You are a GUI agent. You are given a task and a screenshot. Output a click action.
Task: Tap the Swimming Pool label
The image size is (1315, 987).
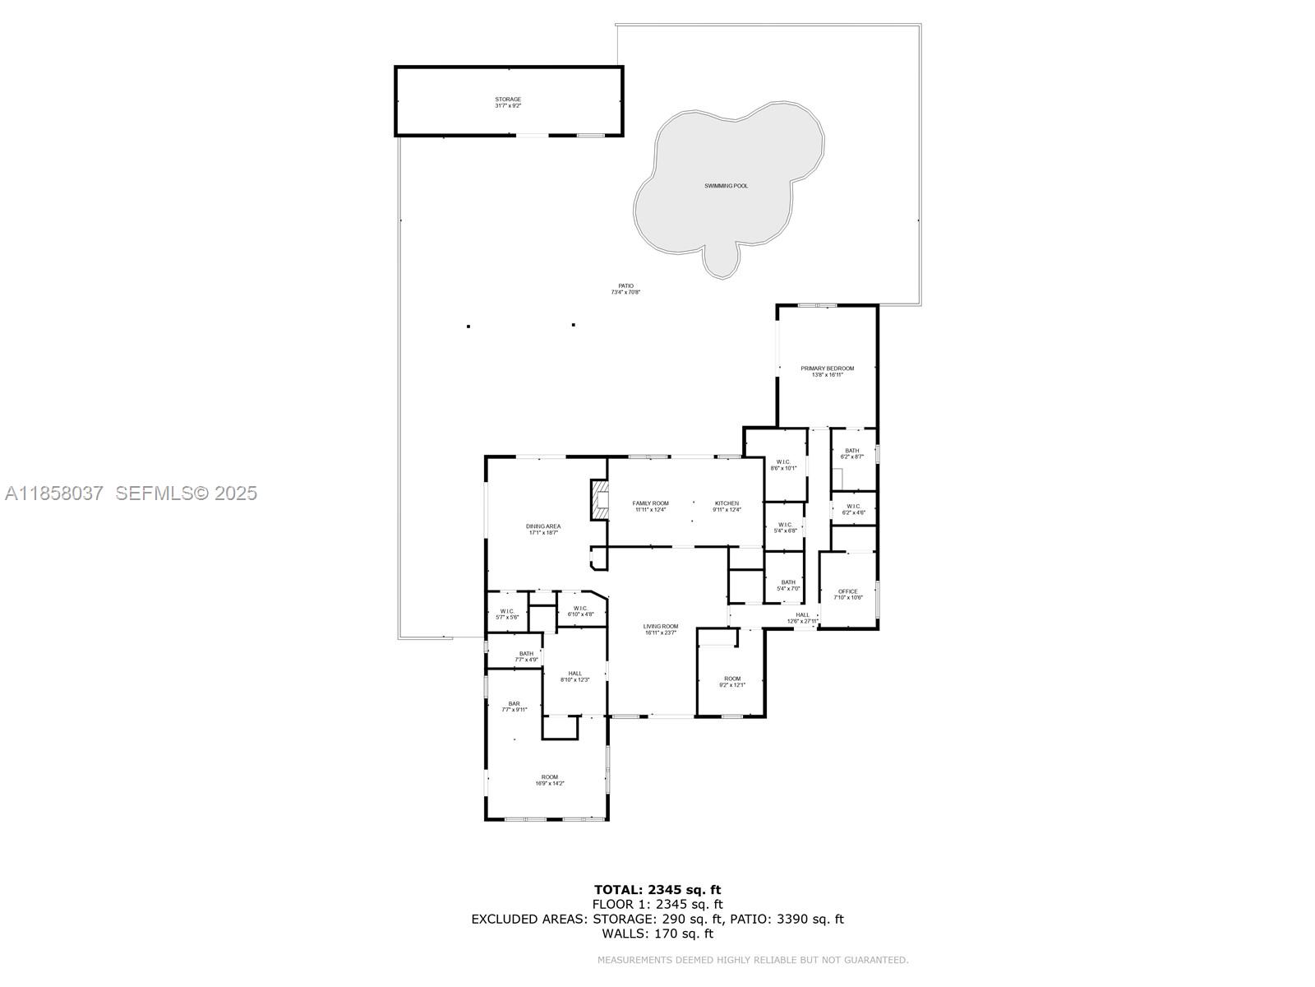[726, 186]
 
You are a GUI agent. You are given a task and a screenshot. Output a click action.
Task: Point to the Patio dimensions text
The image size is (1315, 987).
[625, 292]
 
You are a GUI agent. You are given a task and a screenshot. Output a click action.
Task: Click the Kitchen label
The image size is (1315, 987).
[727, 503]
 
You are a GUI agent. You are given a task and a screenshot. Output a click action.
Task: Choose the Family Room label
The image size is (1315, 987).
[650, 503]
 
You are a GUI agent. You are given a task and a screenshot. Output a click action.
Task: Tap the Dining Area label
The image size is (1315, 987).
[543, 526]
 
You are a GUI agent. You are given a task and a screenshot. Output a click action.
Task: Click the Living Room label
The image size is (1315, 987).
[660, 627]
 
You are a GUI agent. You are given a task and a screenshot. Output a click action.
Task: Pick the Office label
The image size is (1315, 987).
[847, 591]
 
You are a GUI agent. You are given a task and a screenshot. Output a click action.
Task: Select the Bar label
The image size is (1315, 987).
[514, 703]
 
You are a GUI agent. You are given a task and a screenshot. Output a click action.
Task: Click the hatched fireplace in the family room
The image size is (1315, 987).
[600, 500]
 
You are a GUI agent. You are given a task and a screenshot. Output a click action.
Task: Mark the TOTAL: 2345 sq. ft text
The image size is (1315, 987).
[657, 889]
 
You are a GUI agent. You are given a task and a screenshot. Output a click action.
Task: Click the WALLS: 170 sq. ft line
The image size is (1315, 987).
[657, 934]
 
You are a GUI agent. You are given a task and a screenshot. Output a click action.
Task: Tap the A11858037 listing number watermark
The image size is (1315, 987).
[54, 493]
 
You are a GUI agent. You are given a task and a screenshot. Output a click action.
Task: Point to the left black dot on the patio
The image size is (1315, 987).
[468, 327]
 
